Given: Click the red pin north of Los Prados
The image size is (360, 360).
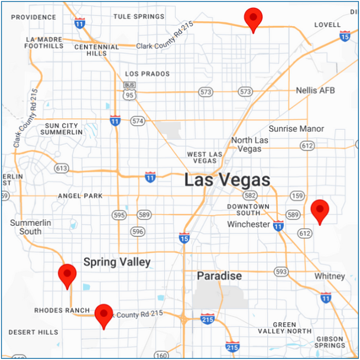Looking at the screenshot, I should [x=253, y=19].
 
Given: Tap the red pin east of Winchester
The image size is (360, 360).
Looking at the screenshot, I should [x=320, y=211].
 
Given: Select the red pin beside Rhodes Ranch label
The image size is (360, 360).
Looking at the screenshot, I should [x=104, y=315].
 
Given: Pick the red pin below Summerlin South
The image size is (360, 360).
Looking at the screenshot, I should [x=67, y=275].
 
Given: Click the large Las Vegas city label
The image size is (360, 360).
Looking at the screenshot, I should [x=227, y=180].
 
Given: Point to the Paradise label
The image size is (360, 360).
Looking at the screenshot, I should [x=219, y=276].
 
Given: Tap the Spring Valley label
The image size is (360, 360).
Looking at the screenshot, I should [x=117, y=262].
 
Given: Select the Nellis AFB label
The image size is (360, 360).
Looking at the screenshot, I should [x=315, y=90].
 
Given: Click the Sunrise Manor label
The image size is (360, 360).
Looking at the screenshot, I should [x=296, y=128].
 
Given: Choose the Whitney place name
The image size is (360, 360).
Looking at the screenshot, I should [x=329, y=276].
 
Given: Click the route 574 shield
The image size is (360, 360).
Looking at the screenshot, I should [x=138, y=121].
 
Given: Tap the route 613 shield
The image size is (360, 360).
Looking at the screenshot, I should [x=61, y=168].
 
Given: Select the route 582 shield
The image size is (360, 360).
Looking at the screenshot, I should [x=251, y=196].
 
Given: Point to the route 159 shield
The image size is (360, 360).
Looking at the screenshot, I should [x=298, y=196].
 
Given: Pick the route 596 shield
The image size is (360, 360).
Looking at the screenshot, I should [x=138, y=232].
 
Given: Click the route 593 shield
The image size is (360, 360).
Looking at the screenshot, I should [x=281, y=271].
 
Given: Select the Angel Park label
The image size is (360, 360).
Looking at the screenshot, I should [x=80, y=196].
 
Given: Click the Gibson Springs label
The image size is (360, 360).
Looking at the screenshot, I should [x=329, y=341].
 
